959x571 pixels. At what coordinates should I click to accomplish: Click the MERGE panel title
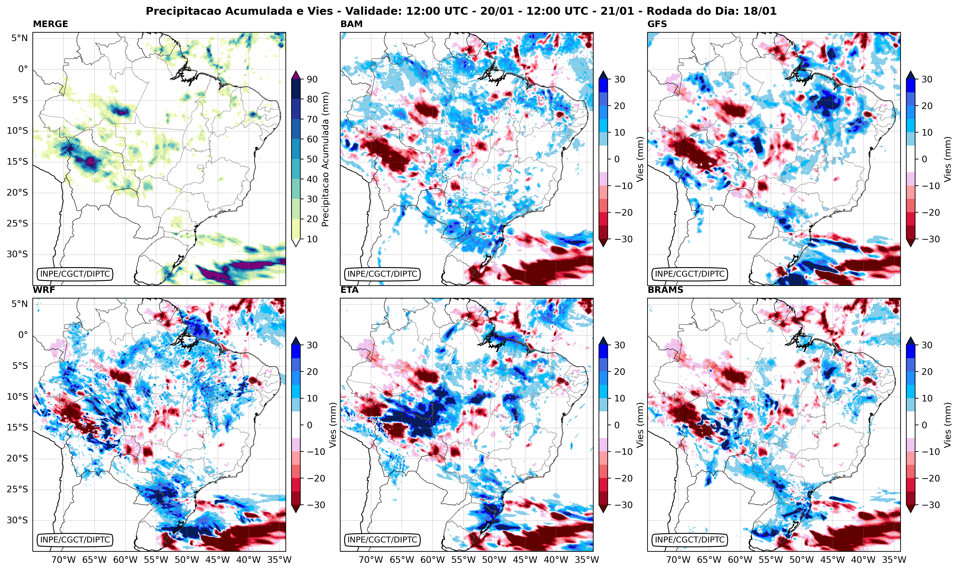[x=50, y=24]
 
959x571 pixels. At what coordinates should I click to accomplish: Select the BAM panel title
[x=351, y=24]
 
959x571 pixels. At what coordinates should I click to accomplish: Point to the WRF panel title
[x=44, y=290]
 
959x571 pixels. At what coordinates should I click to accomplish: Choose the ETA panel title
[x=349, y=290]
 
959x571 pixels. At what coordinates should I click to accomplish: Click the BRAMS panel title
[x=665, y=290]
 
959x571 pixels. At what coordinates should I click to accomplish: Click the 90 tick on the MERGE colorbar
[x=312, y=79]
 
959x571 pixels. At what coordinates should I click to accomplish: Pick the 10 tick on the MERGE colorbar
[x=312, y=239]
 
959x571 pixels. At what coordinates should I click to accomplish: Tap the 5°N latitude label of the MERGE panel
[x=19, y=38]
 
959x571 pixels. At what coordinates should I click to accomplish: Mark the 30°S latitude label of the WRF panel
[x=17, y=520]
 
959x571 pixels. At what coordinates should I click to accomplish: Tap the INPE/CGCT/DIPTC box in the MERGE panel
[x=75, y=274]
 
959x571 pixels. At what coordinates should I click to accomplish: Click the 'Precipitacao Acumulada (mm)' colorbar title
[x=325, y=159]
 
